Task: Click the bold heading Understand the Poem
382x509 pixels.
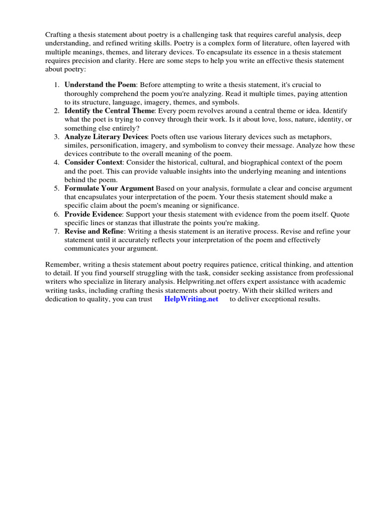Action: (x=96, y=85)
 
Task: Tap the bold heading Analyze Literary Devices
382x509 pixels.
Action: (x=106, y=137)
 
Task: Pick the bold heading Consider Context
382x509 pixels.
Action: (x=93, y=163)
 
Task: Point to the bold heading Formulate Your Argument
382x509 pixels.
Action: (x=109, y=188)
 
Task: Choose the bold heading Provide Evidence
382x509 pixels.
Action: (x=93, y=214)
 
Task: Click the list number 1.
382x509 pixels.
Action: (x=57, y=85)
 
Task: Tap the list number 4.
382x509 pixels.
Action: (x=57, y=163)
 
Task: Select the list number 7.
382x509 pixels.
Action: (x=57, y=232)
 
